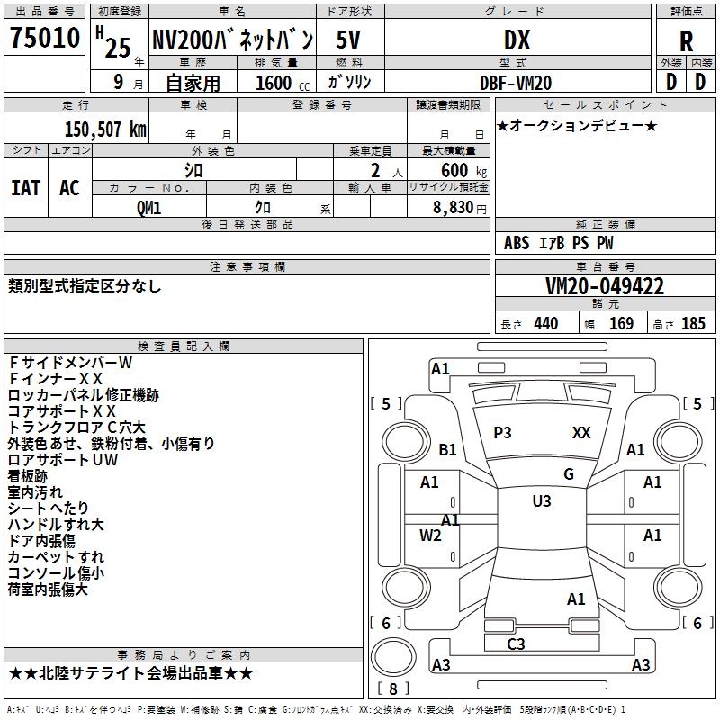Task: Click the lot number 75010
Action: pyautogui.click(x=45, y=40)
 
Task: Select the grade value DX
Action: pyautogui.click(x=517, y=40)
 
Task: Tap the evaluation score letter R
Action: pyautogui.click(x=686, y=41)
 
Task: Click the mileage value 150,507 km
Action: pyautogui.click(x=105, y=130)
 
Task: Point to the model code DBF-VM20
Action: pyautogui.click(x=517, y=82)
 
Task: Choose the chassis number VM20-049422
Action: pyautogui.click(x=605, y=286)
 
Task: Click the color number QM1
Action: pyautogui.click(x=149, y=208)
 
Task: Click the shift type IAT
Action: pyautogui.click(x=26, y=188)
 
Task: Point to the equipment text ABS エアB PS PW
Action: pyautogui.click(x=559, y=243)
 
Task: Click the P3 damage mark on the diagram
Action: pyautogui.click(x=502, y=433)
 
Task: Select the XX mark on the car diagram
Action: pyautogui.click(x=581, y=433)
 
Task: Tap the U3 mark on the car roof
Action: pyautogui.click(x=541, y=501)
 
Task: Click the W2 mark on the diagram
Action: pyautogui.click(x=430, y=536)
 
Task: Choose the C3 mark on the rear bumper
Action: pyautogui.click(x=516, y=643)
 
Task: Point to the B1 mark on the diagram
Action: pyautogui.click(x=447, y=450)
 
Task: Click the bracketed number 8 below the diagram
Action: pyautogui.click(x=392, y=689)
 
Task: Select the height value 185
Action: pyautogui.click(x=693, y=324)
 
